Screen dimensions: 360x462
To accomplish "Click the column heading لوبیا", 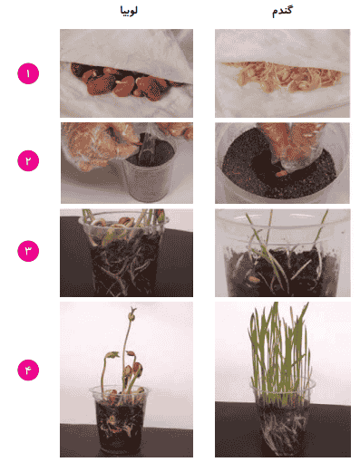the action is tap(129, 11).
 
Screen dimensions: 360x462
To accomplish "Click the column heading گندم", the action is tap(282, 12).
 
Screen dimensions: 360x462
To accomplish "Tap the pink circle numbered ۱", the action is tap(28, 73).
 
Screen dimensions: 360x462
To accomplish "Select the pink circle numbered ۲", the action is tap(28, 160).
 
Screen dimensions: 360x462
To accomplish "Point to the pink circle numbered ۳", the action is tap(28, 251).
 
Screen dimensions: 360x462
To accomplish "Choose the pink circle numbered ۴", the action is tap(28, 370).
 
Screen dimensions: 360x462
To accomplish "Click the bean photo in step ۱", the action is tap(126, 73).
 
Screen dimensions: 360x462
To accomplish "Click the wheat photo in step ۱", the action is tap(282, 73).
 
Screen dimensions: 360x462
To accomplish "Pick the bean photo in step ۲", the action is tap(127, 163).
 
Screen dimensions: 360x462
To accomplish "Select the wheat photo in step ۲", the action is tap(282, 163).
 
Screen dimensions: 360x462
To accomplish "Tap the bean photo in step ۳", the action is tap(126, 253).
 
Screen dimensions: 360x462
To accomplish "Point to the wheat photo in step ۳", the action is tap(283, 253).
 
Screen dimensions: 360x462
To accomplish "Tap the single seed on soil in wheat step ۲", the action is tap(281, 173).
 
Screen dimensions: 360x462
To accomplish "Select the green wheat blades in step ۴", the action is tap(279, 353).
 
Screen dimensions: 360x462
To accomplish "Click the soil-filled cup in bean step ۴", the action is tap(119, 419).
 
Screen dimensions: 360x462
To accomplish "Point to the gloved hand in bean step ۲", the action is tap(100, 145).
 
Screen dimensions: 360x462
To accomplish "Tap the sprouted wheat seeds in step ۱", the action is tap(283, 76).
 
